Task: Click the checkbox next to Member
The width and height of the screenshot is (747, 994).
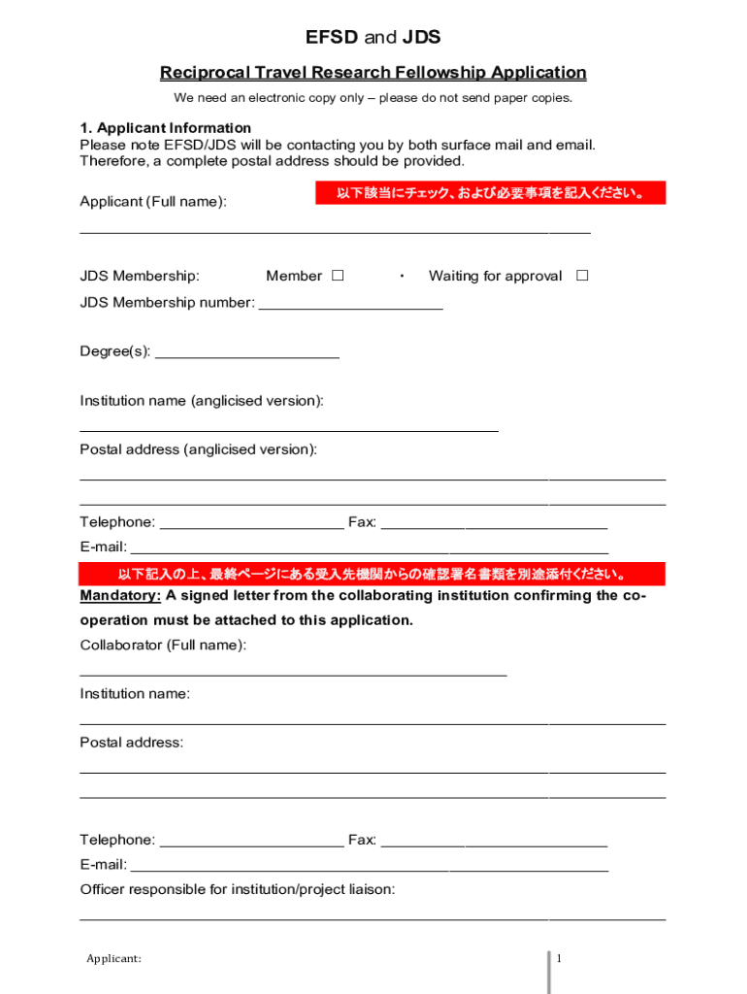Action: coord(338,276)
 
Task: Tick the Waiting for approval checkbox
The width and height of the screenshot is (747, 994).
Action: coord(582,276)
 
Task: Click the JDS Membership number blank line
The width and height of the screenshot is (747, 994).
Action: coord(350,303)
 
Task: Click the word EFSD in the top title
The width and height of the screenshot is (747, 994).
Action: coord(332,38)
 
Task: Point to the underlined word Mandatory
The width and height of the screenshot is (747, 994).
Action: coord(120,595)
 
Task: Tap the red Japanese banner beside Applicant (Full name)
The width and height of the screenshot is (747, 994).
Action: coord(490,194)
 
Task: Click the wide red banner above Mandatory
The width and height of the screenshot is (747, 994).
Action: coord(373,574)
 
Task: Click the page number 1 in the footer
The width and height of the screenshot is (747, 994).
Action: coord(559,959)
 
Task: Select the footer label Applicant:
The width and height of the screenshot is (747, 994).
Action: coord(114,959)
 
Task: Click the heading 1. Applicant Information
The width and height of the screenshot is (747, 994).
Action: coord(165,128)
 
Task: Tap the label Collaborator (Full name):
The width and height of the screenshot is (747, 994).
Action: coord(163,645)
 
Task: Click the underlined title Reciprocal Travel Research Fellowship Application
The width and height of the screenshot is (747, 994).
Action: coord(373,73)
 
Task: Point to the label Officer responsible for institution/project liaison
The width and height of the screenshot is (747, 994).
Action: coord(237,889)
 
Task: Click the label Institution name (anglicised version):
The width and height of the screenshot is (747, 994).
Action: coord(202,401)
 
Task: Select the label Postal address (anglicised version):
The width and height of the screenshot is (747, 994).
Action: coord(198,449)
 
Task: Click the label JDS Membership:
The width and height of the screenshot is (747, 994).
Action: coord(140,276)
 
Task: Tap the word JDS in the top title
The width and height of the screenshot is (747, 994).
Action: coord(421,38)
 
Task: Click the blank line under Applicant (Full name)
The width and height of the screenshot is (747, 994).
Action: coord(335,231)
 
